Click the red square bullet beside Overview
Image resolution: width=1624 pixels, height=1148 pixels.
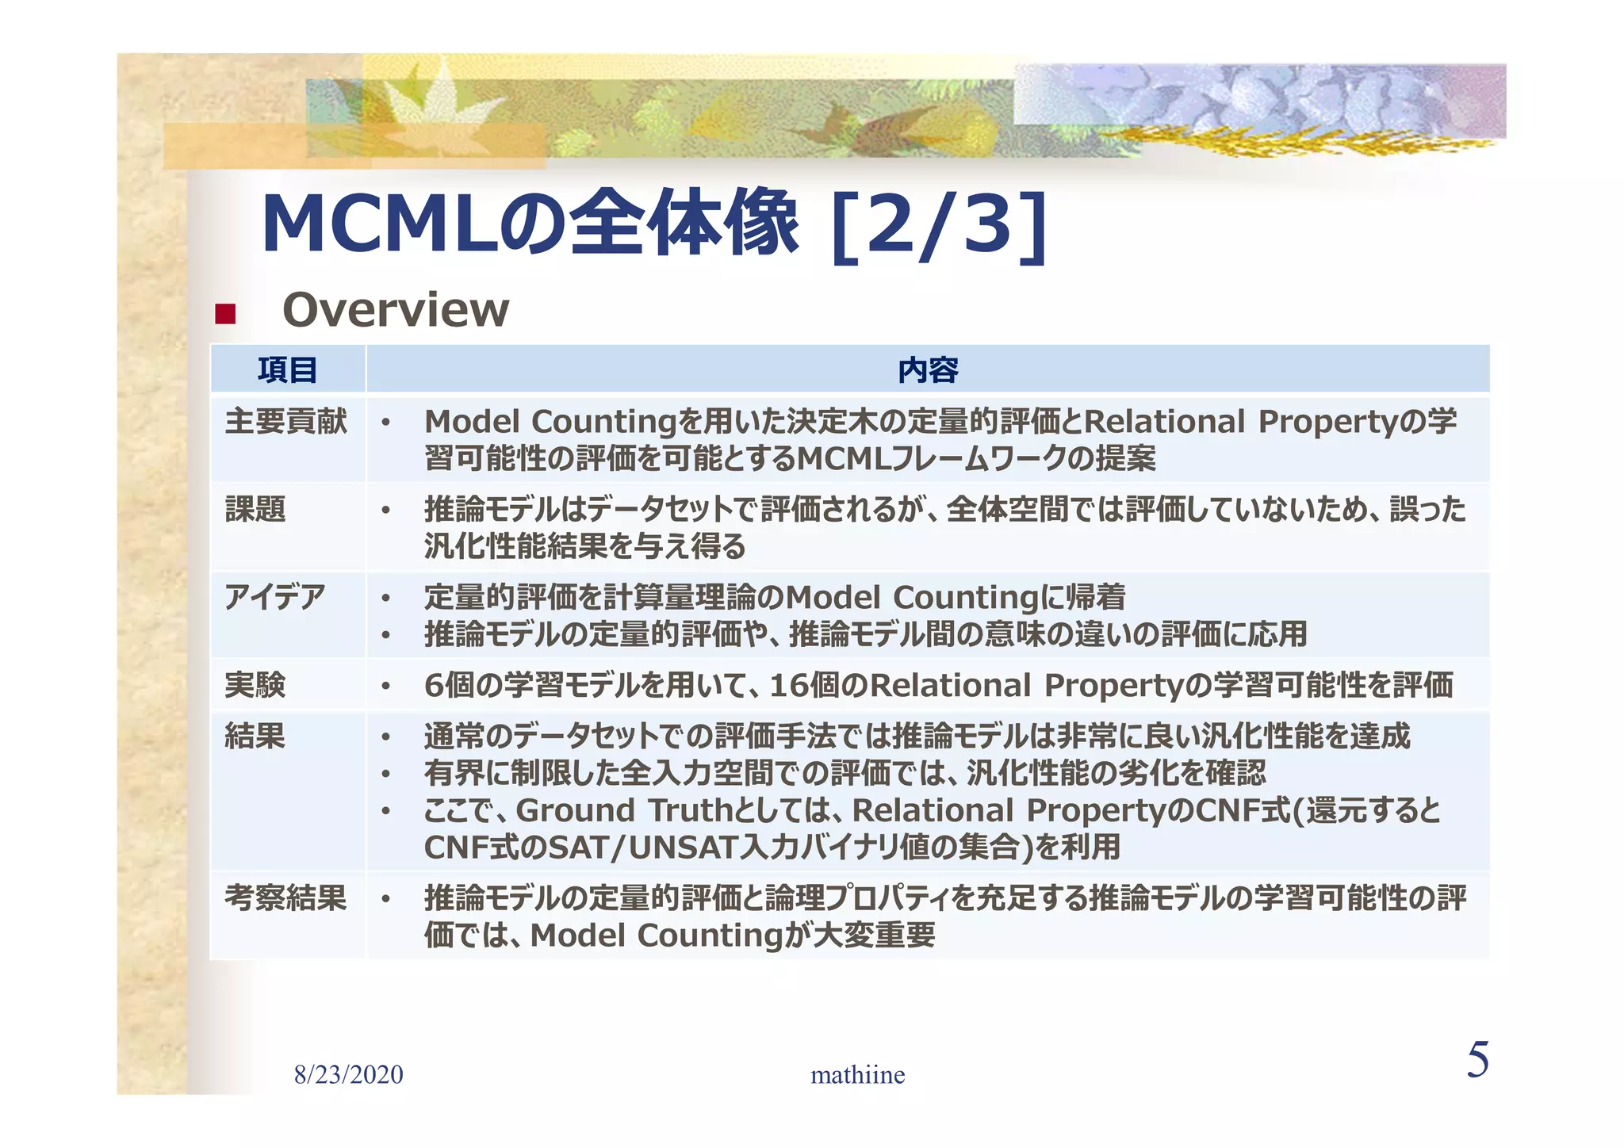[x=225, y=314]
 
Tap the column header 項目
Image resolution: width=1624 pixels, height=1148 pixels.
[x=287, y=370]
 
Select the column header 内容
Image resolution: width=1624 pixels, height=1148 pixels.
[x=928, y=370]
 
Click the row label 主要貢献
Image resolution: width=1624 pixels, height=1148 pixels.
[x=285, y=422]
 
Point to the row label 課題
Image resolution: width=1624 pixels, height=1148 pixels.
[x=255, y=510]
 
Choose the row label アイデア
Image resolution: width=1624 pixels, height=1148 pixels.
[x=274, y=597]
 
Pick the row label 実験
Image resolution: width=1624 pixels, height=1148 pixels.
[x=255, y=685]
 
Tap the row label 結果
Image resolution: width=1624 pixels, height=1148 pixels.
[x=255, y=737]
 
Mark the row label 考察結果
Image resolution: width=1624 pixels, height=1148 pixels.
[x=285, y=898]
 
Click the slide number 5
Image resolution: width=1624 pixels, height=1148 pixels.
[x=1477, y=1060]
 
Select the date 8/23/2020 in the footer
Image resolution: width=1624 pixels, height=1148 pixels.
[x=349, y=1075]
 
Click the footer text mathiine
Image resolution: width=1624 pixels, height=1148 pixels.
[x=857, y=1075]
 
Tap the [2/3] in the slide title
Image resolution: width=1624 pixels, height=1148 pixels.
[x=939, y=226]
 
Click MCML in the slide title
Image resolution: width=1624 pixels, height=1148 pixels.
[x=381, y=226]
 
